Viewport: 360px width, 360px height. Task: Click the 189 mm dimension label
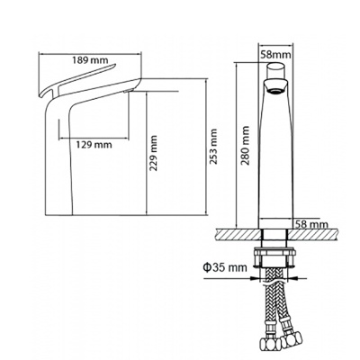90,60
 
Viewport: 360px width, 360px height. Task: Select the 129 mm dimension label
94,145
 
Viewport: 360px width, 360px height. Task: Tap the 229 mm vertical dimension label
154,153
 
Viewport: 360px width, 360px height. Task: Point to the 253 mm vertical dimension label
213,147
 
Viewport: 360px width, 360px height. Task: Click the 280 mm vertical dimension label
246,146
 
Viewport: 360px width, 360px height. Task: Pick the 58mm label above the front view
275,55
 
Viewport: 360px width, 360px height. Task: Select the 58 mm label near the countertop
310,224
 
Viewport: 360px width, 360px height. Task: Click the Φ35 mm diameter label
225,266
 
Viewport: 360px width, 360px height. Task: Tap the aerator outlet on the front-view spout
275,91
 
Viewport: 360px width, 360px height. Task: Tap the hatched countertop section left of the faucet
238,234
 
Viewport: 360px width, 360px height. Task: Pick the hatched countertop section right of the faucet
314,234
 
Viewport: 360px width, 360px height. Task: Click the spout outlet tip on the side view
129,91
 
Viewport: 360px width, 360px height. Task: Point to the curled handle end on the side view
42,94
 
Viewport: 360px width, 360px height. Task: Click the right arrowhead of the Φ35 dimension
294,278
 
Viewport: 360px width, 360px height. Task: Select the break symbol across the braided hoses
274,283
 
